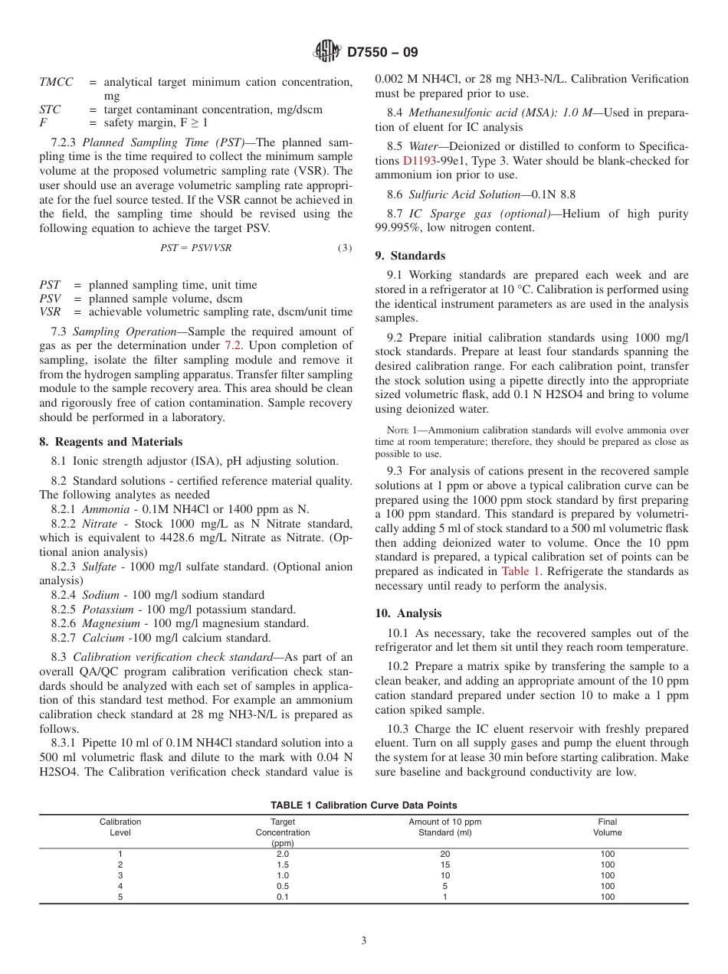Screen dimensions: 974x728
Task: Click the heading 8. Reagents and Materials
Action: point(111,442)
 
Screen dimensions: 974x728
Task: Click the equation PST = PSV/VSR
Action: point(196,247)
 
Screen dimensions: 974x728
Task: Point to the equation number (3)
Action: point(345,247)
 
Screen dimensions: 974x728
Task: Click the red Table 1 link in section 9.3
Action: point(521,571)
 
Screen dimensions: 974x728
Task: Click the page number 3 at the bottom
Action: point(364,941)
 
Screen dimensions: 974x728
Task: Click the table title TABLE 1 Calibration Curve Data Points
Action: point(364,805)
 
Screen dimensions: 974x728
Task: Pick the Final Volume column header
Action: point(607,827)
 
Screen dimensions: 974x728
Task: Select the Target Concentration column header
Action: point(283,832)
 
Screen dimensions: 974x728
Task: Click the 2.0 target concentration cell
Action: point(283,854)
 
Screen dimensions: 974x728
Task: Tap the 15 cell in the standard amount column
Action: point(445,865)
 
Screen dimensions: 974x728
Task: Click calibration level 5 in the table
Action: point(120,897)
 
